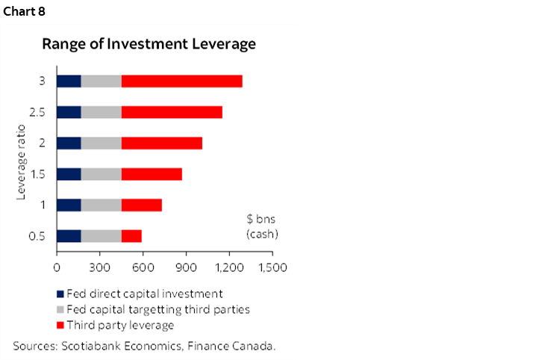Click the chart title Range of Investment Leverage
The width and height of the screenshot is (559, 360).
pos(149,44)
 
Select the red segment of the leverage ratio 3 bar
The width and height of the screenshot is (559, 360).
pos(181,81)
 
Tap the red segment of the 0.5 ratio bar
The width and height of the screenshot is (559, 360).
pos(131,236)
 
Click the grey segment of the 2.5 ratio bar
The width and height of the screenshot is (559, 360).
pos(101,112)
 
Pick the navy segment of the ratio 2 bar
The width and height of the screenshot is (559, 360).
pos(69,143)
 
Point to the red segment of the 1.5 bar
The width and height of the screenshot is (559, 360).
pos(152,174)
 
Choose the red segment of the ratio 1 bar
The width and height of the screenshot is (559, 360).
pos(141,205)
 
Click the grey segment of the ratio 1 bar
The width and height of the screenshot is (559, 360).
pos(101,205)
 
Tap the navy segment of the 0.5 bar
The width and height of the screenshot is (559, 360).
pos(69,236)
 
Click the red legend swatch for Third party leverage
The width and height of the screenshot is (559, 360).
pos(60,325)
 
